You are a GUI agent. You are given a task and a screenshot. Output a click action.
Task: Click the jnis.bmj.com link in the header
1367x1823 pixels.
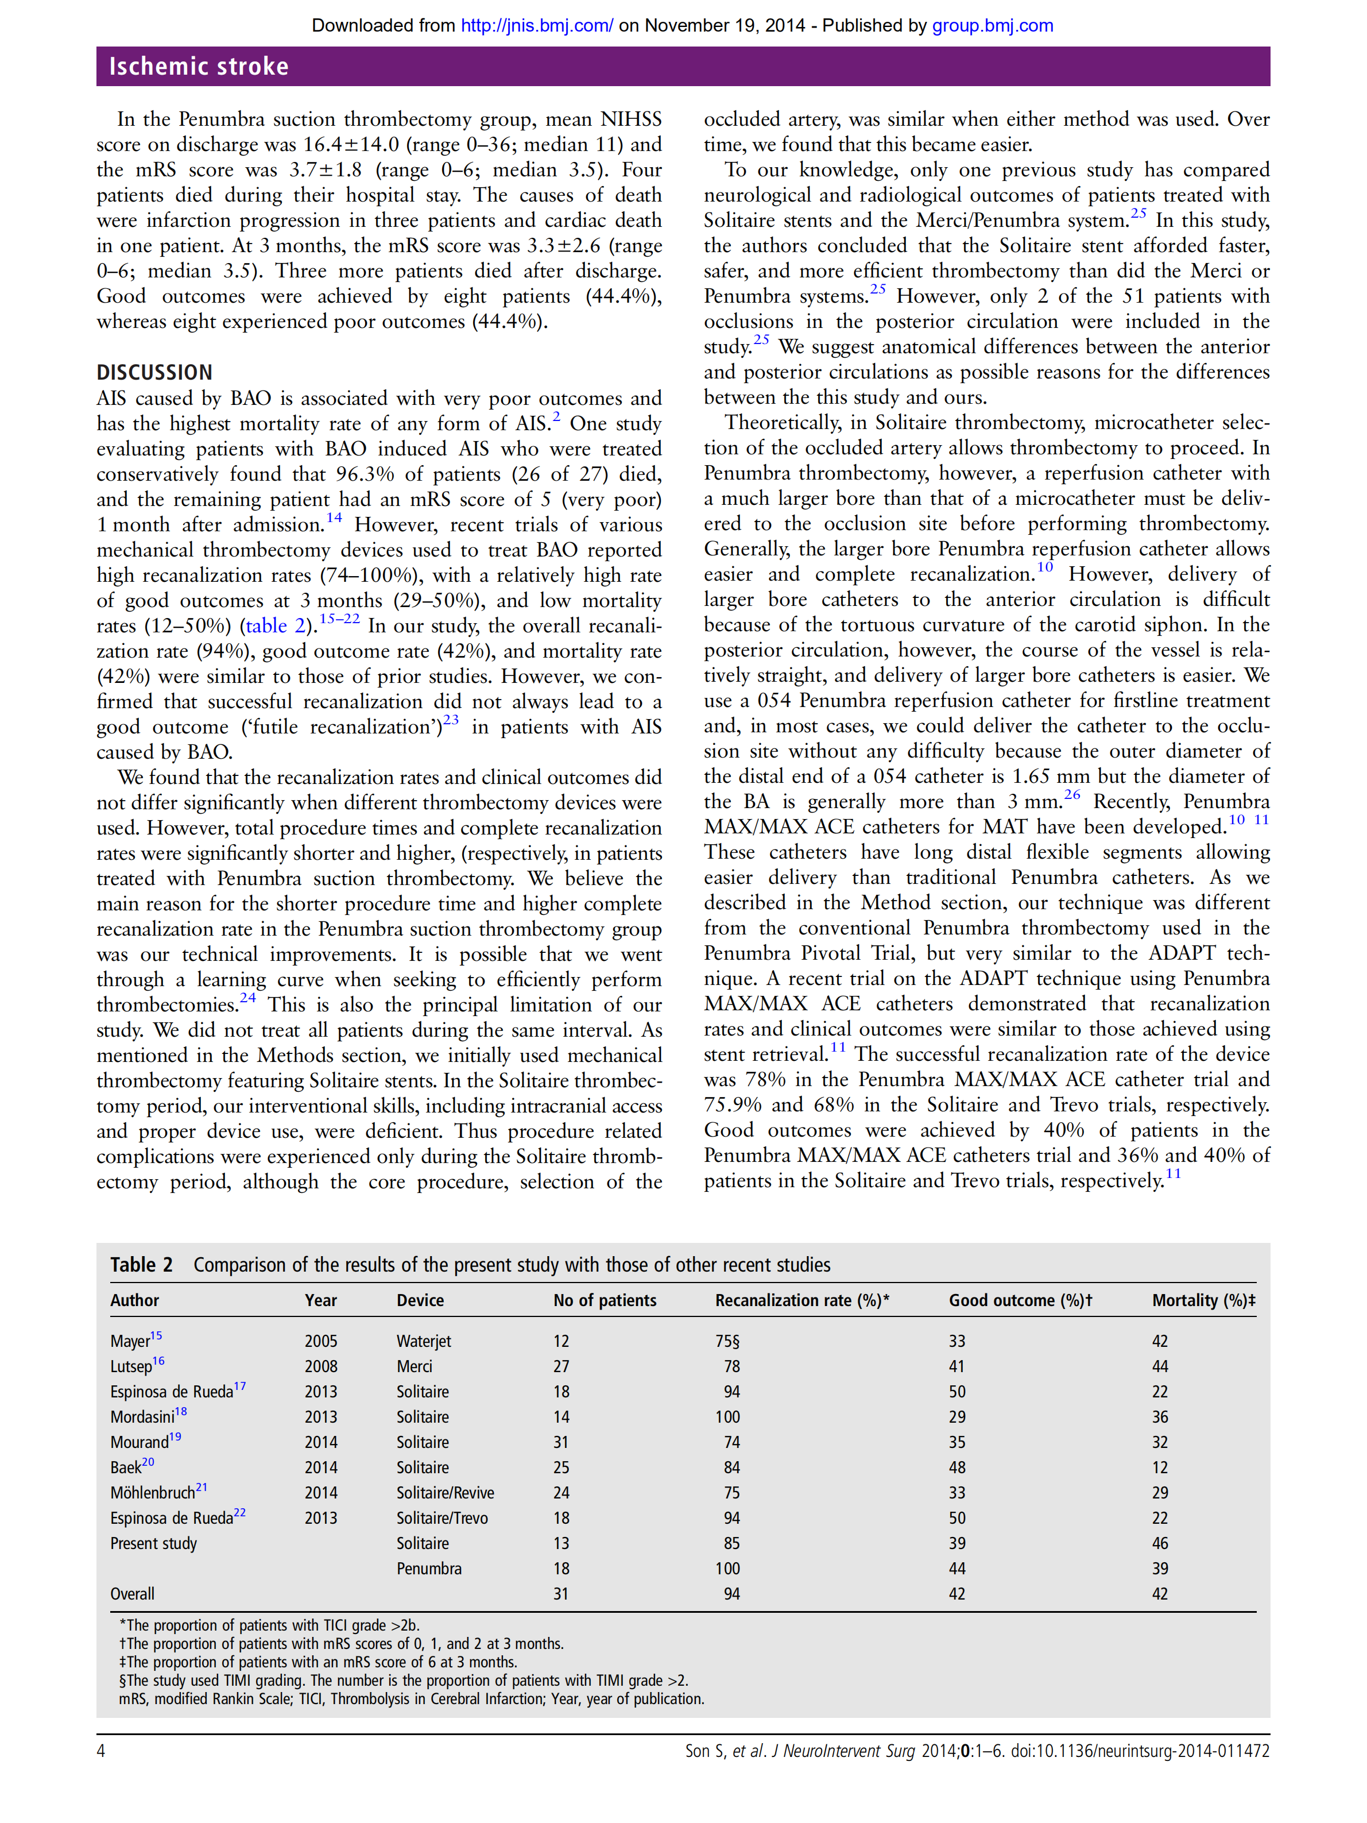(x=536, y=25)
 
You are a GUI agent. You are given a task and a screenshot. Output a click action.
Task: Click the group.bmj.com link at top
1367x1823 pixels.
(x=992, y=25)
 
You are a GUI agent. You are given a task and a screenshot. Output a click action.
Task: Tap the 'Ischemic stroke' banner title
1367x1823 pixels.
(x=199, y=66)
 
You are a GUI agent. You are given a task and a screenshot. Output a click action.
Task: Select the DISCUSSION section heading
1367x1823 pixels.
(x=154, y=373)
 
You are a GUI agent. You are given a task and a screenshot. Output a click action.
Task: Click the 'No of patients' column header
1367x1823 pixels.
(x=604, y=1300)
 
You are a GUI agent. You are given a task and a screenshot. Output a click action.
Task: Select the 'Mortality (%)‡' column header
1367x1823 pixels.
(x=1203, y=1300)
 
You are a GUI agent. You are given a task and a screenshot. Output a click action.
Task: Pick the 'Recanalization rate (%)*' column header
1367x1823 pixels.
(x=801, y=1300)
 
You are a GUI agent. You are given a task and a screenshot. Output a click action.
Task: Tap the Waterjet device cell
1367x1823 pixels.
(x=424, y=1341)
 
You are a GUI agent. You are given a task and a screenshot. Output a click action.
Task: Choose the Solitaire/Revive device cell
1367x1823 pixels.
(x=445, y=1493)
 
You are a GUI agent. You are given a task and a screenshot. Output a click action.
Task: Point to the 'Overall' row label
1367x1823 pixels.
(x=132, y=1594)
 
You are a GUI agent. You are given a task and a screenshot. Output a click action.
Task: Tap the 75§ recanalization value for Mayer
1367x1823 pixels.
(x=727, y=1341)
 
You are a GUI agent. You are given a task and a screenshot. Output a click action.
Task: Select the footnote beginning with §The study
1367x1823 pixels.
(x=403, y=1681)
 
